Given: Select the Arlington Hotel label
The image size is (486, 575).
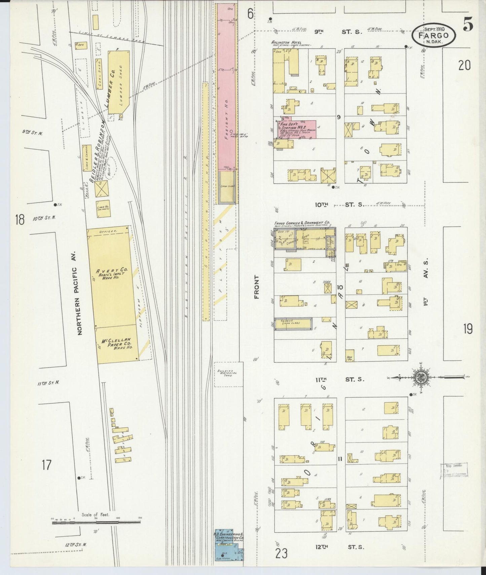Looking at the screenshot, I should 286,43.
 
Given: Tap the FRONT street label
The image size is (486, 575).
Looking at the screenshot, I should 257,286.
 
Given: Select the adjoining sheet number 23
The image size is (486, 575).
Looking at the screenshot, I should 281,553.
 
